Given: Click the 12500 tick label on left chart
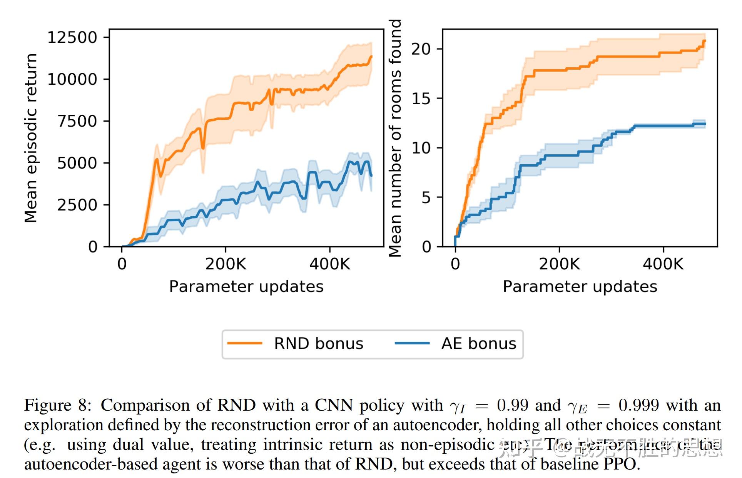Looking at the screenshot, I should click(x=72, y=37).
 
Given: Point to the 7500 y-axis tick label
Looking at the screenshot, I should click(x=77, y=121).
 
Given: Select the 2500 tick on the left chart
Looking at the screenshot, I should click(x=77, y=205).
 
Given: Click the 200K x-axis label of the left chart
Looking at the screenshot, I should click(x=226, y=264).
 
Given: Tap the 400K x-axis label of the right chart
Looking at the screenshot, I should click(x=663, y=264).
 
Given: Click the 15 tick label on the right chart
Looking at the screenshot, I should click(x=421, y=99).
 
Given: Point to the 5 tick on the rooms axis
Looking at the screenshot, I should click(x=426, y=197).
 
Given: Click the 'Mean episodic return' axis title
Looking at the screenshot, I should click(x=30, y=138).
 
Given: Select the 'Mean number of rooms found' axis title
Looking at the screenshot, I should click(x=395, y=138).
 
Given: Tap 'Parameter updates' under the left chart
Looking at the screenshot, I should click(x=246, y=287).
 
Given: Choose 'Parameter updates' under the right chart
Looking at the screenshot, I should click(x=580, y=287).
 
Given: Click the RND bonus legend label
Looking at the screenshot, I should click(x=318, y=343).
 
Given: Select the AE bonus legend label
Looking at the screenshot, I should click(x=478, y=343).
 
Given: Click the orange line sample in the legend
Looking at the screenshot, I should click(x=244, y=343).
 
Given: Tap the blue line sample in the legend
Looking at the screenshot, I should click(x=412, y=343).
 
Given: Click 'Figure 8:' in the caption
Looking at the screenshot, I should click(x=58, y=405).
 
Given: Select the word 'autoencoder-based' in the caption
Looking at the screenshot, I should click(x=90, y=464).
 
